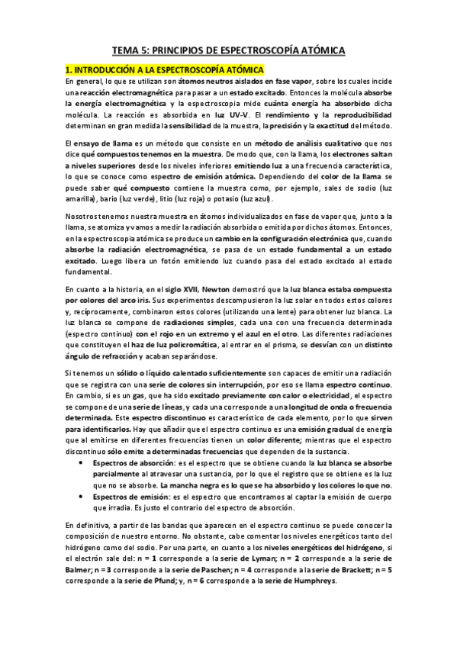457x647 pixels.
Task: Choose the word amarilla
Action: pos(81,199)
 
